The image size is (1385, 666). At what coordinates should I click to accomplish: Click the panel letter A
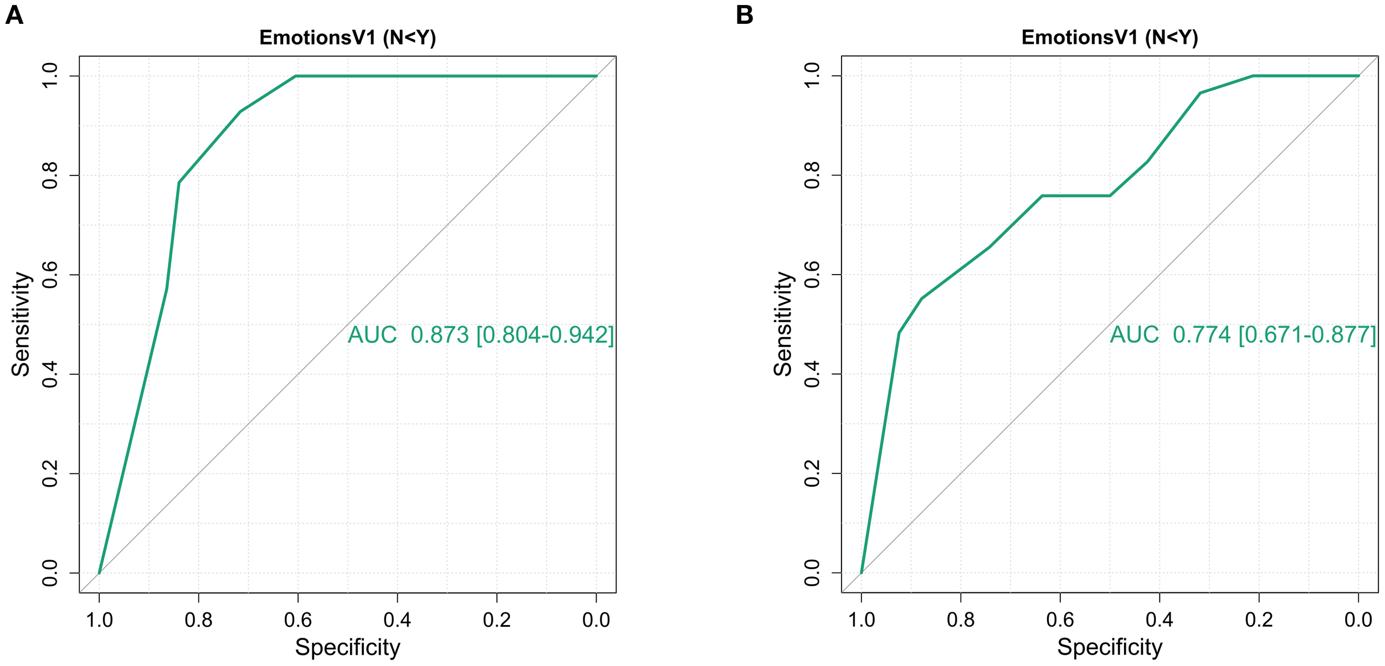click(14, 15)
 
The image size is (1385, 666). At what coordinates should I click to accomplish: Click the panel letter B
click(744, 15)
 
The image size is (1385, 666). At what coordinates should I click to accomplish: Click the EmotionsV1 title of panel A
click(347, 38)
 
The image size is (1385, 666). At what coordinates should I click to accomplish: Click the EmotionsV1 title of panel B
click(1110, 38)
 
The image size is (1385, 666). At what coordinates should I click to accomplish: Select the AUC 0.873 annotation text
click(480, 335)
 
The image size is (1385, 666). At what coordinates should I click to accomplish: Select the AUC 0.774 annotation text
click(1243, 335)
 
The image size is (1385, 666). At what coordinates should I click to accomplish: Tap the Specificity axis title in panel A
click(347, 647)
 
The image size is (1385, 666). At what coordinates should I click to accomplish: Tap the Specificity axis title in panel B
click(1110, 647)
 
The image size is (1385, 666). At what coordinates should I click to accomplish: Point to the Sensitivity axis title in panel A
click(21, 324)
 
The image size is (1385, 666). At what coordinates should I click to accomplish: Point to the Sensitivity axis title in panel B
click(783, 324)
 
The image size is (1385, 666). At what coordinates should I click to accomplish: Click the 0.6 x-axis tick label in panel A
click(297, 619)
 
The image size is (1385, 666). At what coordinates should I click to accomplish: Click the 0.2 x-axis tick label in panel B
click(1259, 619)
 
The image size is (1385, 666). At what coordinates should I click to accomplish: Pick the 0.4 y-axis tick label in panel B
click(812, 374)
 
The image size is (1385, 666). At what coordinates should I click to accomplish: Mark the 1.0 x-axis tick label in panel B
click(861, 619)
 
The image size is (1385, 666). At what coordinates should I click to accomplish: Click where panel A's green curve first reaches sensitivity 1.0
click(296, 76)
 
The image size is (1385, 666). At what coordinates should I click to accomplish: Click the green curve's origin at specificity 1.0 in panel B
click(861, 572)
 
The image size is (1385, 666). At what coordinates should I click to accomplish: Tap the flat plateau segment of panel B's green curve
click(1075, 195)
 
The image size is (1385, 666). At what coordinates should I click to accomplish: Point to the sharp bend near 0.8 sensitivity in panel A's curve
click(179, 182)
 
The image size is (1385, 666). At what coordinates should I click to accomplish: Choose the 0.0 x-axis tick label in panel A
click(596, 619)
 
